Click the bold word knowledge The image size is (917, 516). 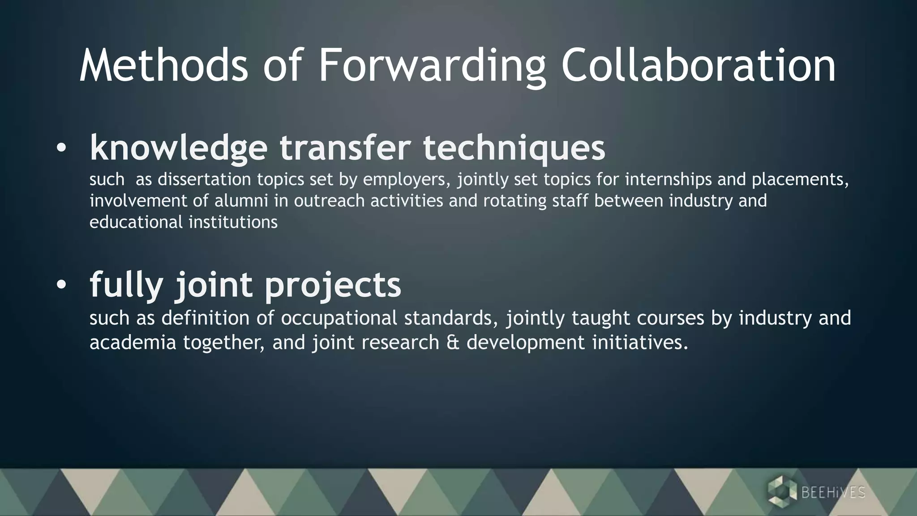pyautogui.click(x=179, y=147)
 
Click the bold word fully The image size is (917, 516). pyautogui.click(x=126, y=285)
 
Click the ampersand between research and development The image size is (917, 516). pyautogui.click(x=453, y=343)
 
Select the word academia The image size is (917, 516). pyautogui.click(x=133, y=343)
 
